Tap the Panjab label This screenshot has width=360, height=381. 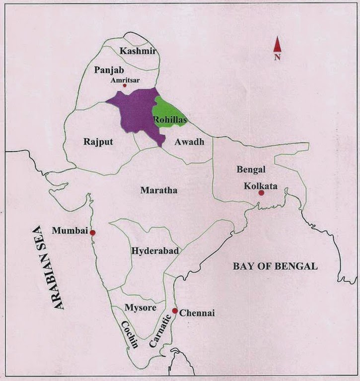(109, 70)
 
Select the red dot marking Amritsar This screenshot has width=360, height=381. (125, 86)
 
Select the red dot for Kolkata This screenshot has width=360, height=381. (261, 192)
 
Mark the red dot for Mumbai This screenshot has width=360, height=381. (92, 232)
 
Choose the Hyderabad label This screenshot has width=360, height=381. (155, 251)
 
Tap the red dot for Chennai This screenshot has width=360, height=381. (175, 311)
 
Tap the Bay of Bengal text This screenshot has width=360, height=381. (275, 266)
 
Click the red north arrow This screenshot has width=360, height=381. (277, 45)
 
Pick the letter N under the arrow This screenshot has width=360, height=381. (277, 57)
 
